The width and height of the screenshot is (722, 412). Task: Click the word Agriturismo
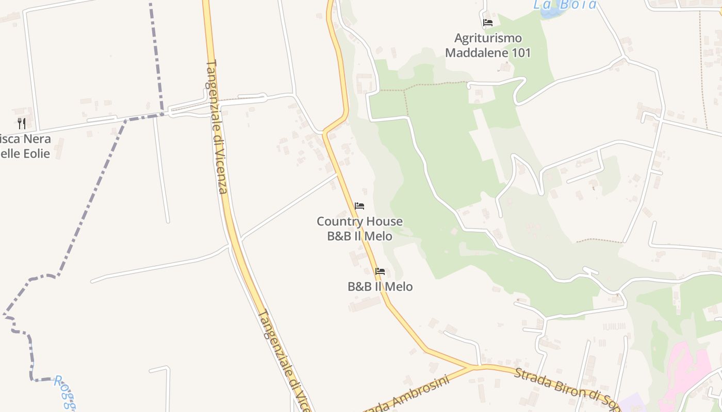coord(488,38)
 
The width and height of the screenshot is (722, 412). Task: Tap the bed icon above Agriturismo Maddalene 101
coord(488,23)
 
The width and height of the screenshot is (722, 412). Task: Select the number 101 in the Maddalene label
coord(520,53)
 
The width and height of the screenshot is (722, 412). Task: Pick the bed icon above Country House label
coord(359,206)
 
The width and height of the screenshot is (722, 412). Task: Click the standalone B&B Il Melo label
coord(380,286)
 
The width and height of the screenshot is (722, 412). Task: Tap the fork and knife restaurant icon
coord(22,124)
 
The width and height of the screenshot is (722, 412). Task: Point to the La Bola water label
coord(565,5)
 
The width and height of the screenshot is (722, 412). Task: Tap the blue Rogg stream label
coord(64,391)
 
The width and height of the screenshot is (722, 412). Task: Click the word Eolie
coord(37,153)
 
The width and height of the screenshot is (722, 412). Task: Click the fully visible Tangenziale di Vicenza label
coord(217,127)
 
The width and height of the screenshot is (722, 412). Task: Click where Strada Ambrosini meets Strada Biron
coord(472,367)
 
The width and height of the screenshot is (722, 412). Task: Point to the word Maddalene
coord(470,53)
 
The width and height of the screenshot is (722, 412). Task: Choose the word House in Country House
coord(382,221)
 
